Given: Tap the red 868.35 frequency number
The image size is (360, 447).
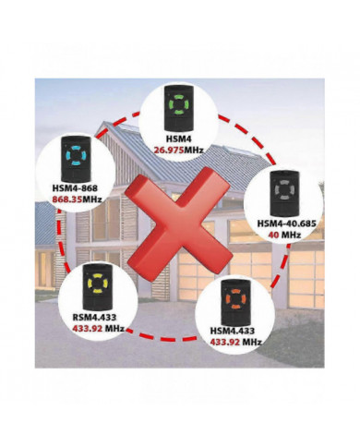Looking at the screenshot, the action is click(x=68, y=196).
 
